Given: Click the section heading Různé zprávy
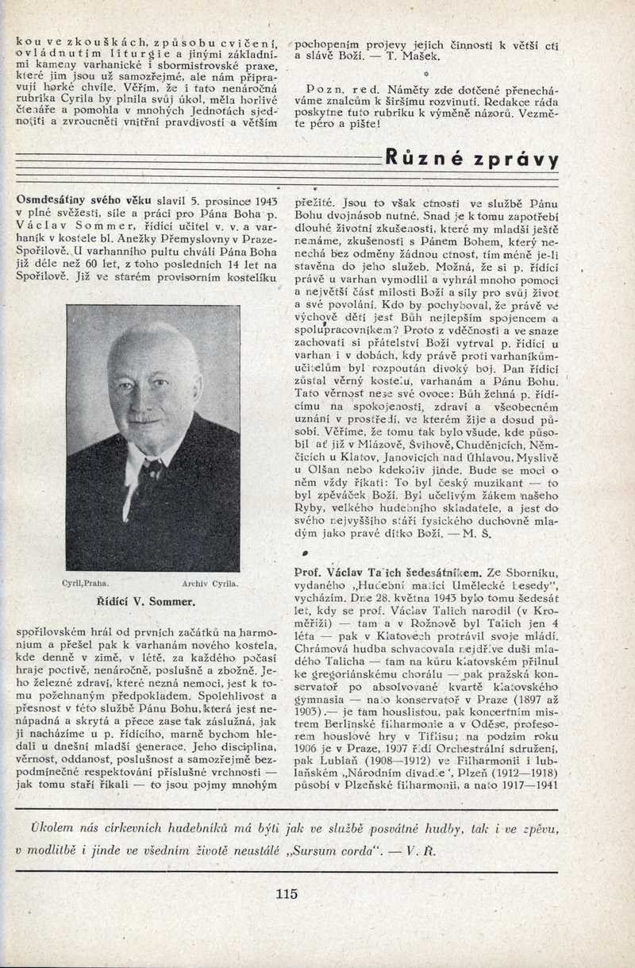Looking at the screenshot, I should pyautogui.click(x=471, y=158).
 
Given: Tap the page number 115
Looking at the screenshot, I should pyautogui.click(x=287, y=893).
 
